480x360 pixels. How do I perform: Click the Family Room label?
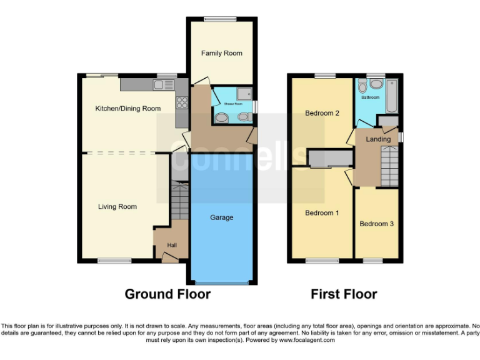221,53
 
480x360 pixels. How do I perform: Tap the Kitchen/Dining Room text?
127,108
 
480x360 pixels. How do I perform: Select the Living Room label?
117,206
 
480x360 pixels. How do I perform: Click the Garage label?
221,217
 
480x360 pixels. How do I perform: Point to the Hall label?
171,245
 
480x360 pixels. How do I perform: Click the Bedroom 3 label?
376,224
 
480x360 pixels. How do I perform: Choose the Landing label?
378,139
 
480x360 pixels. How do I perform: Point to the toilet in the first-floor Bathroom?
376,84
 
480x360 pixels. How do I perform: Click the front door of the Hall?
167,256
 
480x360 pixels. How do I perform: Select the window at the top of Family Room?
216,19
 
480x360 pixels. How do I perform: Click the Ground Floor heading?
167,294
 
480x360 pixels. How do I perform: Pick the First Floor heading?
344,294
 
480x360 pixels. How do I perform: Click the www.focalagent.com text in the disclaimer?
306,341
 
